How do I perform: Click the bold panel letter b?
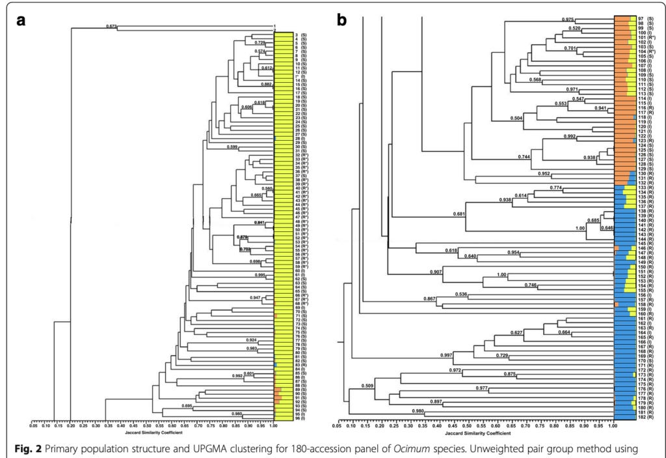tap(343, 20)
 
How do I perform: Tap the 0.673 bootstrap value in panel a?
tap(111, 27)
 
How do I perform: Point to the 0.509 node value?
tap(369, 386)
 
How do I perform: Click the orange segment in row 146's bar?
tap(616, 249)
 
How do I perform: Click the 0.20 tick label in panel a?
tap(70, 425)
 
